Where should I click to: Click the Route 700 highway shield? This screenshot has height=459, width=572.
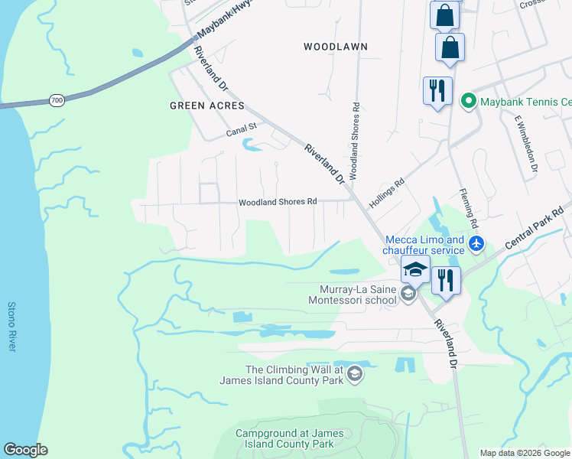pos(57,100)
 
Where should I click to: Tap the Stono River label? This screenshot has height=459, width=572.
pos(11,327)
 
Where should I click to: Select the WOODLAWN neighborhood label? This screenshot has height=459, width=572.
pos(335,47)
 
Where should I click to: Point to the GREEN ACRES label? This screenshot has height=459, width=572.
pos(206,106)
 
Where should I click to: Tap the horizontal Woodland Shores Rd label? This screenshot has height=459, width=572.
pos(278,202)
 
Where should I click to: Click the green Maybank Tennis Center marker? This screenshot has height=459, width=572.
pos(467,101)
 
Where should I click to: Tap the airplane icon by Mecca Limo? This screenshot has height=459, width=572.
pos(477,243)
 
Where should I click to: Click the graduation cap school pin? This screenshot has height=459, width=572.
pos(415,270)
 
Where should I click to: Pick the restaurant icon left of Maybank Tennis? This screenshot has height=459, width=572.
pos(437,91)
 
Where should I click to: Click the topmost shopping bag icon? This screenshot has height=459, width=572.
pos(444,15)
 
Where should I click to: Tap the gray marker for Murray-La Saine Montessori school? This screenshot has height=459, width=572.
pos(408,295)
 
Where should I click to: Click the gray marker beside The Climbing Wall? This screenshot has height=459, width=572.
pos(353,374)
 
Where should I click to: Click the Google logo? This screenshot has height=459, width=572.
pos(25,450)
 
